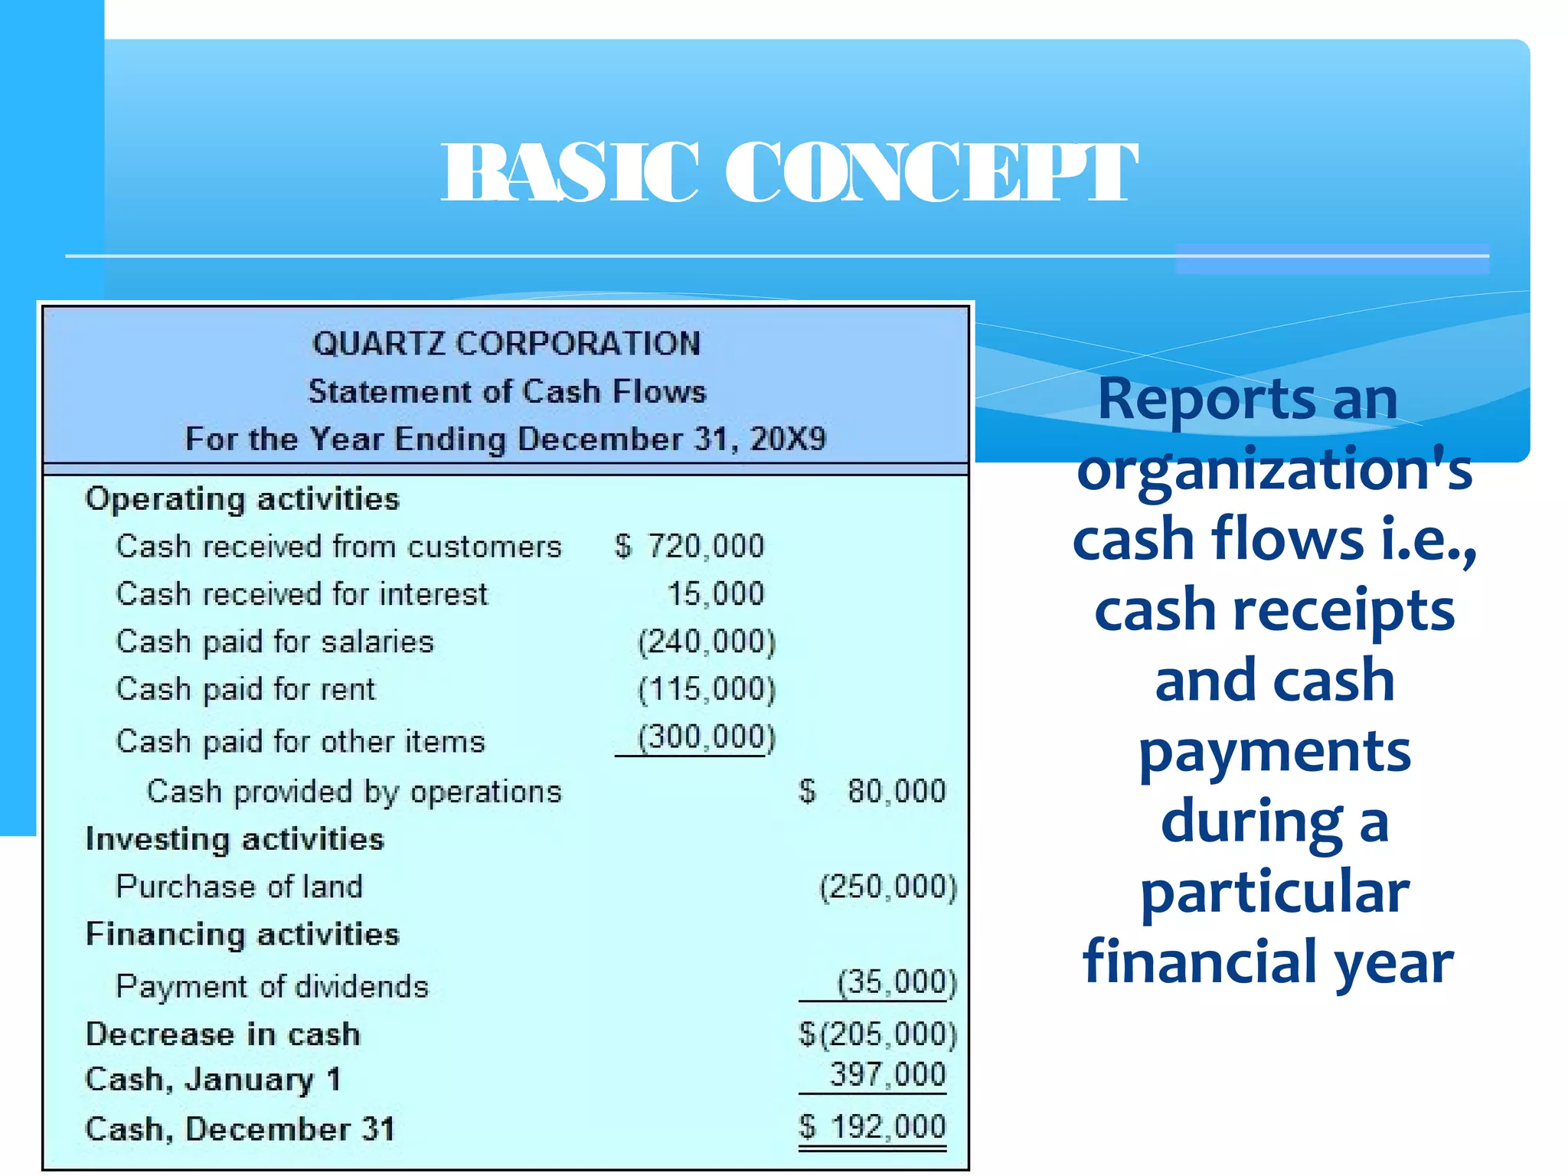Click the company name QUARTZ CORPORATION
pyautogui.click(x=506, y=343)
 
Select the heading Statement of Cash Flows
pyautogui.click(x=506, y=391)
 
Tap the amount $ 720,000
pyautogui.click(x=690, y=546)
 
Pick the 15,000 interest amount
pyautogui.click(x=716, y=593)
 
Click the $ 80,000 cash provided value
pyautogui.click(x=873, y=791)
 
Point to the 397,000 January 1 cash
pyautogui.click(x=888, y=1075)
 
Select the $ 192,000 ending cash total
pyautogui.click(x=873, y=1127)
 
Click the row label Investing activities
pyautogui.click(x=234, y=839)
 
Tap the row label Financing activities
pyautogui.click(x=242, y=934)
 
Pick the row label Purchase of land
pyautogui.click(x=239, y=887)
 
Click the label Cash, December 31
pyautogui.click(x=240, y=1129)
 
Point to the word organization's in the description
pyautogui.click(x=1274, y=469)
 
